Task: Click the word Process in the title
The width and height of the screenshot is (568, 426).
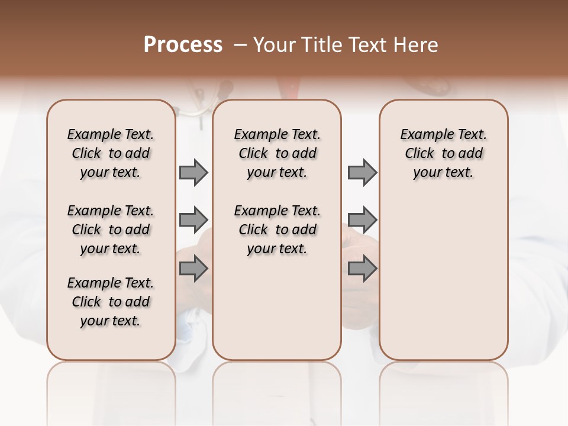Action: point(183,44)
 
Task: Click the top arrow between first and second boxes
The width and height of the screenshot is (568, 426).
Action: point(193,173)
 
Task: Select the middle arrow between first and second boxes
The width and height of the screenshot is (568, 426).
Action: point(193,220)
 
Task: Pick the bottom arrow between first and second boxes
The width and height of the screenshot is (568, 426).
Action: point(193,269)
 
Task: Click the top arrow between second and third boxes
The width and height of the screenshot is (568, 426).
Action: point(362,173)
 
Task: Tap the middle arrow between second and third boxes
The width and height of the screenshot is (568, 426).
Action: point(362,220)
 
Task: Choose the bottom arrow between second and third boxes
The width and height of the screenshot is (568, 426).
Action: point(362,269)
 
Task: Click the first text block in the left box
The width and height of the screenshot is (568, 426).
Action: point(111,153)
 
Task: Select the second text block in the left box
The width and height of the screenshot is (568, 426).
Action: point(111,230)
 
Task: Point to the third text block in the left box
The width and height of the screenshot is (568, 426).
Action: point(111,302)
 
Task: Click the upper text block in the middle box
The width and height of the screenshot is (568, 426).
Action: point(277,153)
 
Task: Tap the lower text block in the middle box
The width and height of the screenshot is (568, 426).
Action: point(277,230)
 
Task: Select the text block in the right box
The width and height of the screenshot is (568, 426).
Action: point(443,153)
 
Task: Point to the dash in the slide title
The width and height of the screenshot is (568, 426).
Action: point(240,45)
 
